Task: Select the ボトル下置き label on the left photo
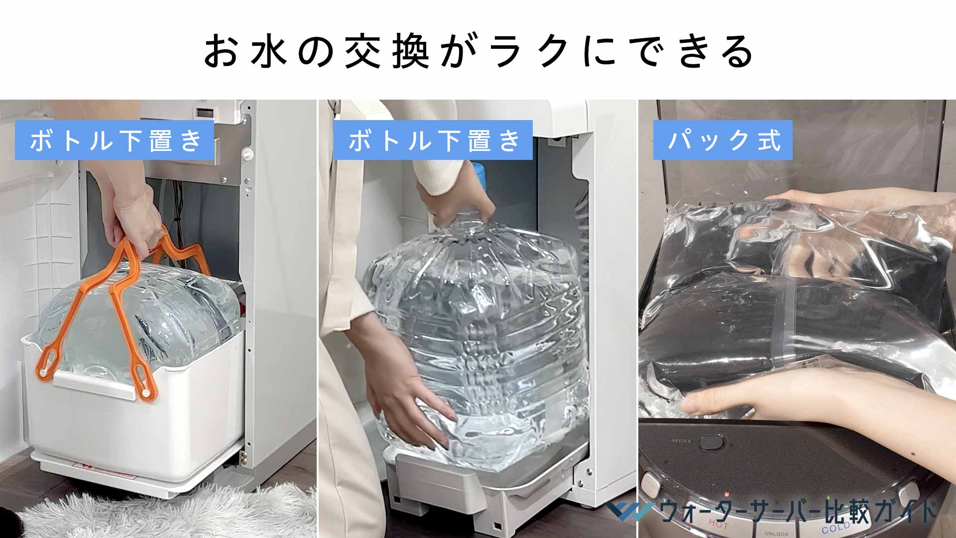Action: (x=115, y=140)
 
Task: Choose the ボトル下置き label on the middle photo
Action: (x=433, y=140)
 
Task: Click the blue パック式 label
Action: (x=722, y=140)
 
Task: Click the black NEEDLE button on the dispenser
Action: (x=712, y=442)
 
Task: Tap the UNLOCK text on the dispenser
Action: (x=776, y=534)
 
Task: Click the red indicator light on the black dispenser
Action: (x=727, y=495)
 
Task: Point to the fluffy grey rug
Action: (x=164, y=513)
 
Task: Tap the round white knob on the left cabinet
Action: (x=246, y=155)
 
